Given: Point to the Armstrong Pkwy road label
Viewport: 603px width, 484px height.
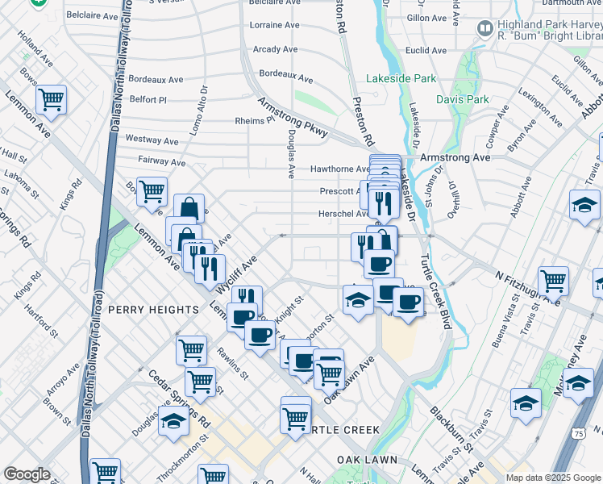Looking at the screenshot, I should click(293, 117).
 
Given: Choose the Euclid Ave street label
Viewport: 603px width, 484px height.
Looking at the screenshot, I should click(427, 50).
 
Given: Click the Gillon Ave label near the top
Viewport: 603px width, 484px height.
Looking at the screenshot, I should click(427, 17).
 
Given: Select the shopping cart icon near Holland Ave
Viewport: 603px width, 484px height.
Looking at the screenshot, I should click(51, 100).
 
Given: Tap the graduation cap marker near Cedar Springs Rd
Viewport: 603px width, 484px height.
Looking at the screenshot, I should click(173, 420).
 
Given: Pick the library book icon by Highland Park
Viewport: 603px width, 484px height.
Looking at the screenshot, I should click(485, 30).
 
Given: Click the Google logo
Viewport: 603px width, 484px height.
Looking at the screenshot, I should click(27, 474).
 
